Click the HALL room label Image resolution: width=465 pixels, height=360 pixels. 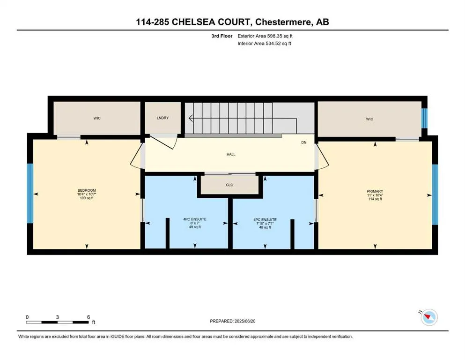coord(230,154)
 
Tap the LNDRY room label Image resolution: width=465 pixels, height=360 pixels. coord(162,118)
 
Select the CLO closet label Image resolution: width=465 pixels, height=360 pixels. coord(229,185)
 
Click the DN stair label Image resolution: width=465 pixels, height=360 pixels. coord(303,142)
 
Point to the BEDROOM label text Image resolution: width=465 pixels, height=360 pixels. coord(87,190)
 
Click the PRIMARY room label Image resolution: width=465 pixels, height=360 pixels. coord(375,191)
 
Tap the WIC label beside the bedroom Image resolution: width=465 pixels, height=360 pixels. coord(97,118)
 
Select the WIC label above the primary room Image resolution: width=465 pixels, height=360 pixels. coord(369,119)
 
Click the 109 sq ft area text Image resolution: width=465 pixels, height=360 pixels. coord(87,198)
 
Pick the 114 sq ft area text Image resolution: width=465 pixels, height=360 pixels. coord(375,199)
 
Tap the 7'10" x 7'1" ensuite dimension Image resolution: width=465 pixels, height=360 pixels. coord(265,223)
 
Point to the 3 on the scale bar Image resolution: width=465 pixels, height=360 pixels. coord(58,317)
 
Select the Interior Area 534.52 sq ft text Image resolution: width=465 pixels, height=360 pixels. coord(264,43)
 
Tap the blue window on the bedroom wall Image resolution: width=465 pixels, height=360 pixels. coord(30,193)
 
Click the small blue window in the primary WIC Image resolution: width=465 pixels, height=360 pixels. coord(424,119)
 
